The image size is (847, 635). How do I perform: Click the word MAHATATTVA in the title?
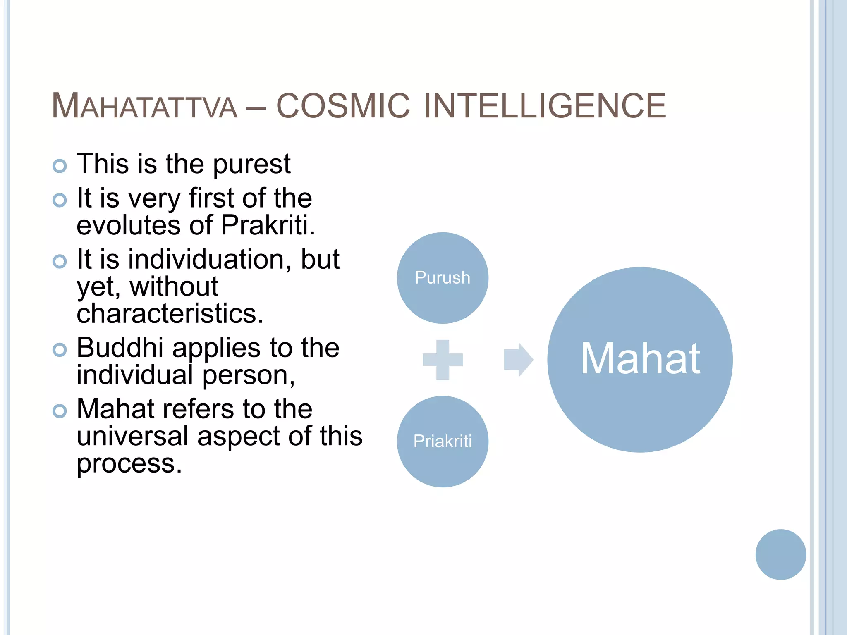coord(144,106)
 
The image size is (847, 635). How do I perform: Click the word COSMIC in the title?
coord(343,106)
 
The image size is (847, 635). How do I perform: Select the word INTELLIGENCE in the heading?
coord(545,106)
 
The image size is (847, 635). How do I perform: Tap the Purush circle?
coord(443,278)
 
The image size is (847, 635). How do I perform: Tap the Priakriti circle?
coord(443,442)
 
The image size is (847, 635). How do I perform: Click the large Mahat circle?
coord(640,360)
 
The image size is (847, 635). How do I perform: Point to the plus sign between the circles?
coord(443,360)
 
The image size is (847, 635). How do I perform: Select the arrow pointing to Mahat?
coord(518,360)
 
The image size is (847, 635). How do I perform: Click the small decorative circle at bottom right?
coord(780,554)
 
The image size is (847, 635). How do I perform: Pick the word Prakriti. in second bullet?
coord(268,226)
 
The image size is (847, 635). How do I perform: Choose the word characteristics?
coord(170,314)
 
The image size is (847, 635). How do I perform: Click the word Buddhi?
coord(120,348)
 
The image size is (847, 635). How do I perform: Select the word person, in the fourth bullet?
coord(249,375)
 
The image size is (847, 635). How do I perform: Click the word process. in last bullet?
coord(129,464)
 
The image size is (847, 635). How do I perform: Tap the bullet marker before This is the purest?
coord(60,166)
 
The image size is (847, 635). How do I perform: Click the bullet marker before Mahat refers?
coord(60,411)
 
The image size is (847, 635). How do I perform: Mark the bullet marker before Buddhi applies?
coord(60,350)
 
